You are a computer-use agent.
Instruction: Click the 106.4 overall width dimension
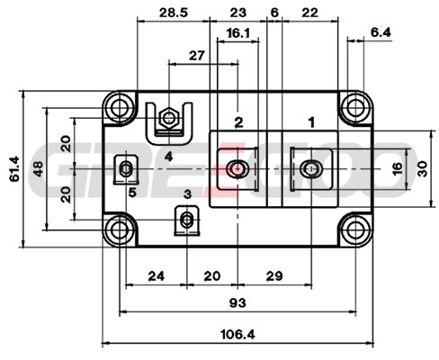point(237,334)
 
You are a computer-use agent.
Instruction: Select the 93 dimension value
point(237,303)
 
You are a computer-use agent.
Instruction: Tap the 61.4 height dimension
point(14,168)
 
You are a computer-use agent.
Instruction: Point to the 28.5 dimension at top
point(173,13)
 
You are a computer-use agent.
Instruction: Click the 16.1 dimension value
point(238,33)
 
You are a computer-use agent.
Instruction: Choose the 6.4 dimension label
point(381,32)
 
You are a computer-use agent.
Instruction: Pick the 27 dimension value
point(197,56)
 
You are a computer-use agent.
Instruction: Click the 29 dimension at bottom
point(274,276)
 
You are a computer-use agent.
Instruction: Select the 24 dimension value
point(157,276)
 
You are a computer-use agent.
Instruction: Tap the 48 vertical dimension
point(39,169)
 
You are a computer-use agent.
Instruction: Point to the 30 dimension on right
point(422,168)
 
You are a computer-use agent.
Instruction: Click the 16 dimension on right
point(397,168)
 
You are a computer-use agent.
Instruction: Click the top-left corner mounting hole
point(120,107)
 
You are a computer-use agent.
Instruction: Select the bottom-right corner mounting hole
point(355,230)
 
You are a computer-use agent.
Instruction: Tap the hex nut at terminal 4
point(169,118)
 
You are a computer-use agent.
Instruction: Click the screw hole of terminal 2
point(237,168)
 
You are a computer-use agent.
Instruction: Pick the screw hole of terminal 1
point(311,168)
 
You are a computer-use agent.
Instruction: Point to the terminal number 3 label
point(187,194)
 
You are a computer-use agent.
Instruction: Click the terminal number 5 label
point(132,193)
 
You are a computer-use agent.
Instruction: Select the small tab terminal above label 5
point(126,169)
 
